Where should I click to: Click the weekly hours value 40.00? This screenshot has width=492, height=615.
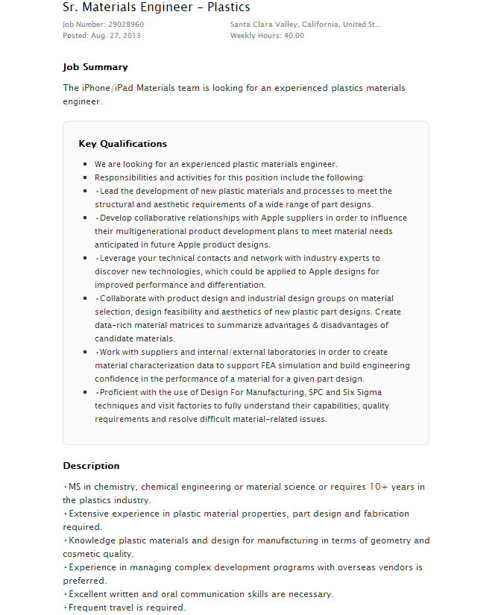point(294,36)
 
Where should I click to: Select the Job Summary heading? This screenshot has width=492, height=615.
point(95,67)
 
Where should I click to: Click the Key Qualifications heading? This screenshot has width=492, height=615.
point(123,144)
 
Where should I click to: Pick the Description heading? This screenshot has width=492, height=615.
point(91,466)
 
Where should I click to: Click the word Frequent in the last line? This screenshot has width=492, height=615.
point(89,608)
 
